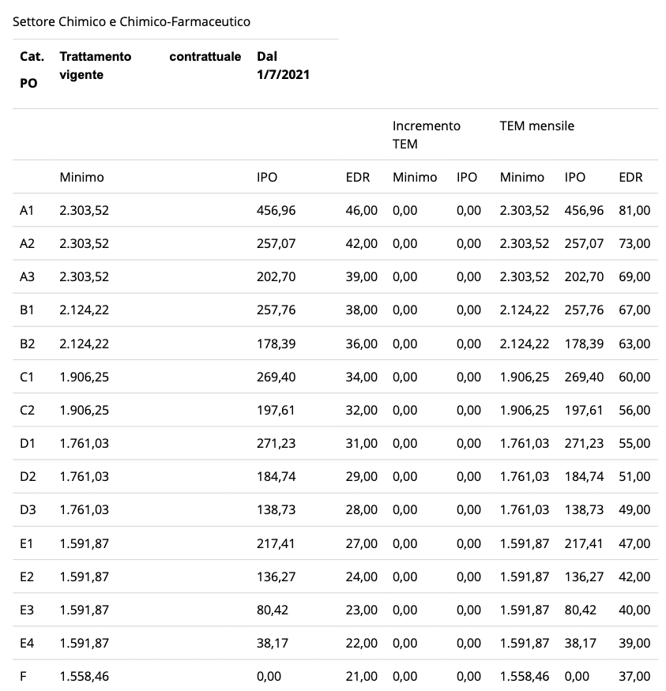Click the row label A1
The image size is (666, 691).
click(27, 211)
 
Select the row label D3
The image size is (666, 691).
click(27, 509)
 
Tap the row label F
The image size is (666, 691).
click(23, 676)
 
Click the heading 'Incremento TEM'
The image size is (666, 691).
click(426, 134)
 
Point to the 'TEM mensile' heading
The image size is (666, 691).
click(536, 126)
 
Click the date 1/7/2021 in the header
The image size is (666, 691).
click(283, 75)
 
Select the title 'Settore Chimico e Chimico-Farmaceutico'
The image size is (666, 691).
click(131, 21)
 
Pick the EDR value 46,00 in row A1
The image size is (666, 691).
click(361, 211)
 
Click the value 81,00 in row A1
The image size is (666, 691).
click(634, 211)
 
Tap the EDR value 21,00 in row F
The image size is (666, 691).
click(361, 676)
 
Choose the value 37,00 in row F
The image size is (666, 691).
click(634, 676)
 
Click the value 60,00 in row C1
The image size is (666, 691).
click(634, 377)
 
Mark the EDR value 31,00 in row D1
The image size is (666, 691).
click(361, 443)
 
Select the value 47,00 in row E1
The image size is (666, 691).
click(634, 543)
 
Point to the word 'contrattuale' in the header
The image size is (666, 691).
click(205, 57)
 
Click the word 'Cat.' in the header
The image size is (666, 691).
click(32, 57)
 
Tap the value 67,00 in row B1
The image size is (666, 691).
click(634, 310)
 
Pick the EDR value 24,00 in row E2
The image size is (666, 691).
click(361, 576)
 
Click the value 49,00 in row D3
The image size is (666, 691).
click(634, 509)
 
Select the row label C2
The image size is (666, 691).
click(27, 410)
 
